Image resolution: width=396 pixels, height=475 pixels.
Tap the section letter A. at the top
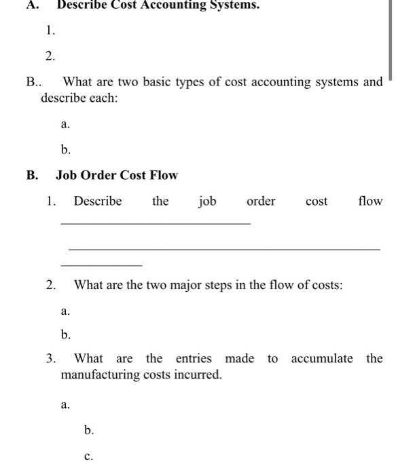point(32,5)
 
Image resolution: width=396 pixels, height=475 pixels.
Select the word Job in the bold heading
point(66,175)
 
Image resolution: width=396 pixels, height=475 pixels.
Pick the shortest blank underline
point(101,265)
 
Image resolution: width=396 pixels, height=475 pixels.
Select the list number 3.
point(52,358)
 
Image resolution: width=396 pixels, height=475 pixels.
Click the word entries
point(194,358)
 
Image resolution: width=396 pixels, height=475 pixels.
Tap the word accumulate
point(322,358)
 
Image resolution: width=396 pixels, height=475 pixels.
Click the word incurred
point(200,374)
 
